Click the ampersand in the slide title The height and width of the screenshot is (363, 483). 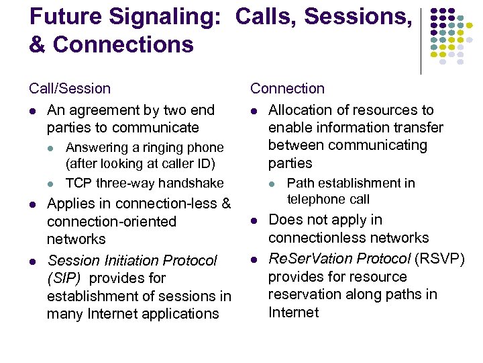pyautogui.click(x=38, y=45)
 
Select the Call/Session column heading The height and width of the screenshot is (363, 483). pyautogui.click(x=70, y=89)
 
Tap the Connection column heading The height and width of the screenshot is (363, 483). pyautogui.click(x=287, y=89)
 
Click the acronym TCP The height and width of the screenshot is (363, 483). pyautogui.click(x=79, y=183)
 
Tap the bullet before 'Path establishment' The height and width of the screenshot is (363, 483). pyautogui.click(x=272, y=184)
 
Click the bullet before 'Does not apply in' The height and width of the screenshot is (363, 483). pyautogui.click(x=254, y=220)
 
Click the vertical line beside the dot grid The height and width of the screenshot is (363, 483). pyautogui.click(x=421, y=40)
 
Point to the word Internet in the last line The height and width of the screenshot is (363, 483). pyautogui.click(x=293, y=313)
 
